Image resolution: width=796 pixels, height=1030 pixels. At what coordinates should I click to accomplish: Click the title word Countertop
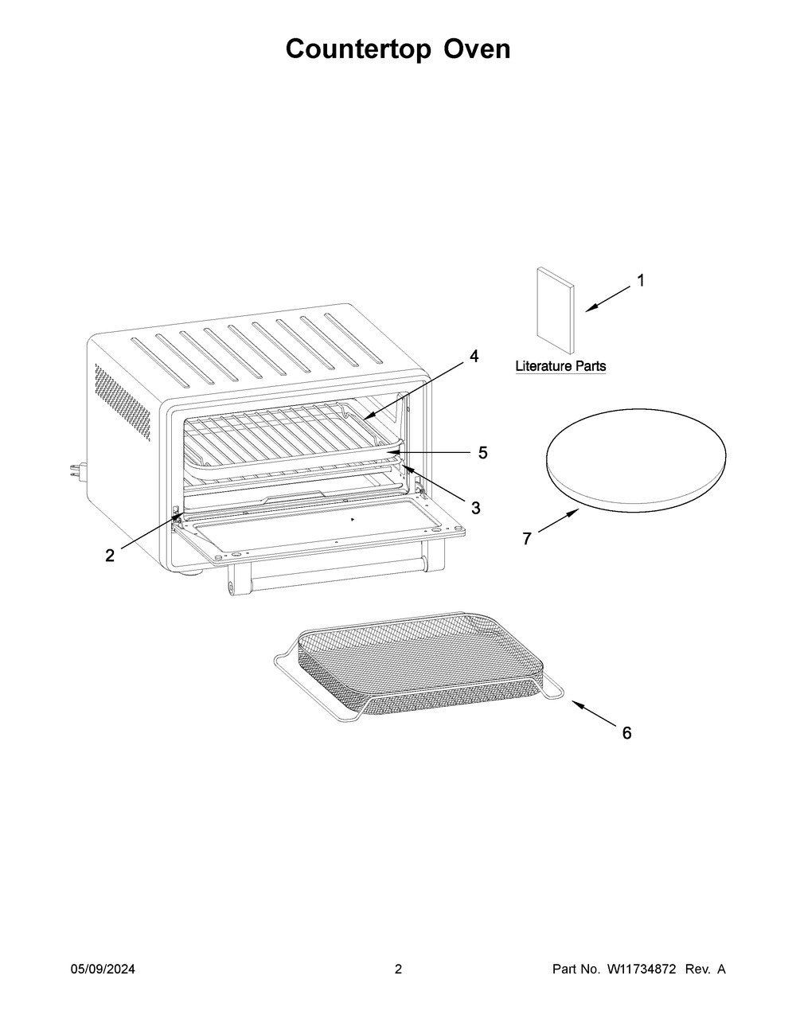[x=358, y=50]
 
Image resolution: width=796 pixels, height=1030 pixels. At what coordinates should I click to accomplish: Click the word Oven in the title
[x=477, y=49]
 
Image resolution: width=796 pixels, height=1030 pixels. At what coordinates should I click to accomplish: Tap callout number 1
[x=641, y=281]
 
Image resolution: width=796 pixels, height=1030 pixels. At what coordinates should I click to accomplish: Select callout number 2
[x=110, y=556]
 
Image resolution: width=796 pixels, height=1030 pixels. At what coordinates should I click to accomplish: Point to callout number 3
[x=476, y=508]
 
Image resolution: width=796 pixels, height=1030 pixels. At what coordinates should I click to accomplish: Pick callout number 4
[x=474, y=356]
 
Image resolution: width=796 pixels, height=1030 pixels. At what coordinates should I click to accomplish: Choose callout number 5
[x=482, y=453]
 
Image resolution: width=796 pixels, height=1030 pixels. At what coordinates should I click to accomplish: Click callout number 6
[x=627, y=733]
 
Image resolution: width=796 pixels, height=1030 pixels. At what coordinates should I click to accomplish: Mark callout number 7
[x=527, y=539]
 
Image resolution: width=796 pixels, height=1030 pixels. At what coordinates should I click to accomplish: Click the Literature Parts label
[x=560, y=366]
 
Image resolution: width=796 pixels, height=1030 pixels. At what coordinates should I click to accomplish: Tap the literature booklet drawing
[x=556, y=310]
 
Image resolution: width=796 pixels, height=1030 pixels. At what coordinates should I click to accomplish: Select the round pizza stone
[x=636, y=460]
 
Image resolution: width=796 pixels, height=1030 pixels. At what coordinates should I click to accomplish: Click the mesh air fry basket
[x=419, y=666]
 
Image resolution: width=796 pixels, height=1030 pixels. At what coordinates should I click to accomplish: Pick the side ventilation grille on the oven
[x=123, y=402]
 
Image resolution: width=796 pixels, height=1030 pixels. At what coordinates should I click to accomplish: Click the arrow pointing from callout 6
[x=594, y=713]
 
